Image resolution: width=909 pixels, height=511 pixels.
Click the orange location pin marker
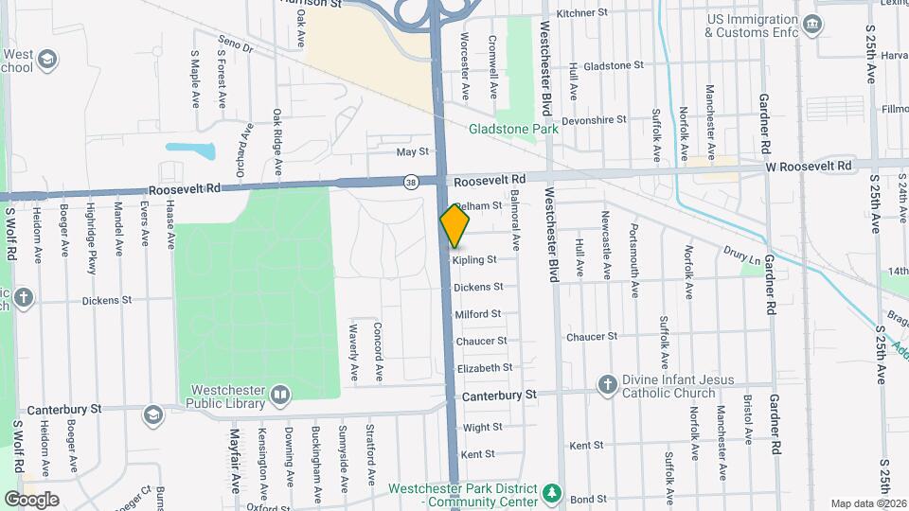coord(454,226)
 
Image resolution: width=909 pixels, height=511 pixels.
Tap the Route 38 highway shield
coord(410,181)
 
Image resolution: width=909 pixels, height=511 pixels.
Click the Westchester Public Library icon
coord(279,394)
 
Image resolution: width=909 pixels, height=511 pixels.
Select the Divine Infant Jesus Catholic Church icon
coord(608,384)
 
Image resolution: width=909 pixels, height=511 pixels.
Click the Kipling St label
coord(474,260)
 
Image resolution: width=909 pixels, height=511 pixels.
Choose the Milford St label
coord(477,314)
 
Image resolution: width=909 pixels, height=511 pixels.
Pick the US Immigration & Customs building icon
coord(811,24)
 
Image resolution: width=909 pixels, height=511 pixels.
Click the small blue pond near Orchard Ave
coord(189,149)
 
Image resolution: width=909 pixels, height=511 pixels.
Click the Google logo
coord(31,499)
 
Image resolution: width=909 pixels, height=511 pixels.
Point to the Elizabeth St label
coord(484,368)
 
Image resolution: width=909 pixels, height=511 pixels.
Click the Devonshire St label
coord(594,120)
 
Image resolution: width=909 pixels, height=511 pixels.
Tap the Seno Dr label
coord(236,44)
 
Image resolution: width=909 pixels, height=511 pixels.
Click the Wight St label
coord(482,428)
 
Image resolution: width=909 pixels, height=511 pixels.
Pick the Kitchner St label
coord(581,13)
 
